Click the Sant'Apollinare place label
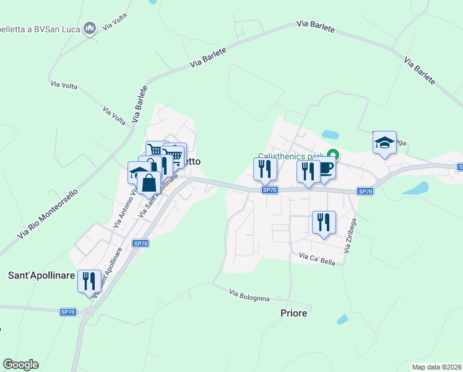point(41,275)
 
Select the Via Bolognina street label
point(249,295)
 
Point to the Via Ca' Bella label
point(317,259)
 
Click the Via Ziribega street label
point(351,236)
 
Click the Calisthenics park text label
point(291,156)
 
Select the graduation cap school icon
point(384,143)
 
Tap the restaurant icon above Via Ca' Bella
point(323,222)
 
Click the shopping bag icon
point(149,183)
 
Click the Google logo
point(20,365)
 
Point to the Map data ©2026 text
point(436,366)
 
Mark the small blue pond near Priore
point(342,319)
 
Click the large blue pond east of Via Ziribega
point(416,188)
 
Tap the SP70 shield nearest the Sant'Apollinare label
point(67,312)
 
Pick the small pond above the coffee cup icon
point(330,135)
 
